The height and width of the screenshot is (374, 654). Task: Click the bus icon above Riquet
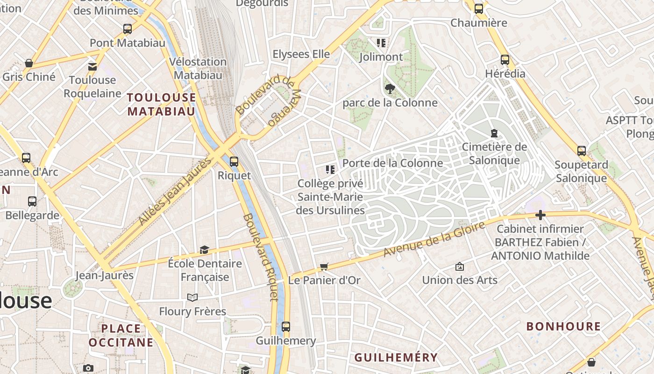(x=234, y=162)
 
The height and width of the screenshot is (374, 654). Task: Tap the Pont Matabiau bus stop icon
(x=128, y=29)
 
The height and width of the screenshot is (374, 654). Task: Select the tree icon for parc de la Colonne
(x=389, y=88)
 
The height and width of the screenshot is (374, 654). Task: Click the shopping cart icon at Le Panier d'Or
(x=324, y=267)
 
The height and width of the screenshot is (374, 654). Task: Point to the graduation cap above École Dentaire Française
(x=204, y=250)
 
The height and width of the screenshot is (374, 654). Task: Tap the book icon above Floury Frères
(x=192, y=297)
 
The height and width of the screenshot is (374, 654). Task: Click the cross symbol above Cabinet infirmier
(x=540, y=216)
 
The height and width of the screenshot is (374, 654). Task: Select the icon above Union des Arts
(x=460, y=266)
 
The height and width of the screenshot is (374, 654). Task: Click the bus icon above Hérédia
(x=505, y=60)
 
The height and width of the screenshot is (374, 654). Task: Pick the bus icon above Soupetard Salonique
(x=582, y=151)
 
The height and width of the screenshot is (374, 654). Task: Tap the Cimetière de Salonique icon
(x=494, y=133)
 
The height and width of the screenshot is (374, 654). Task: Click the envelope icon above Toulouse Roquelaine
(x=92, y=66)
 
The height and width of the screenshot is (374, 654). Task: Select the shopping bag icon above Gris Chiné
(x=29, y=63)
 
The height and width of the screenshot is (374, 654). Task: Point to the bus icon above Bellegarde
(x=32, y=201)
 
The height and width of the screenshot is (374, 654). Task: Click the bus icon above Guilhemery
(x=286, y=327)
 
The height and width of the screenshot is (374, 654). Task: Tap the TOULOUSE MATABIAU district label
(x=162, y=104)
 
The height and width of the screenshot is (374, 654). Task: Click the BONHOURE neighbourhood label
(x=563, y=326)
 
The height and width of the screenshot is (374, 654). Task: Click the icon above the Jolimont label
(x=381, y=43)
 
